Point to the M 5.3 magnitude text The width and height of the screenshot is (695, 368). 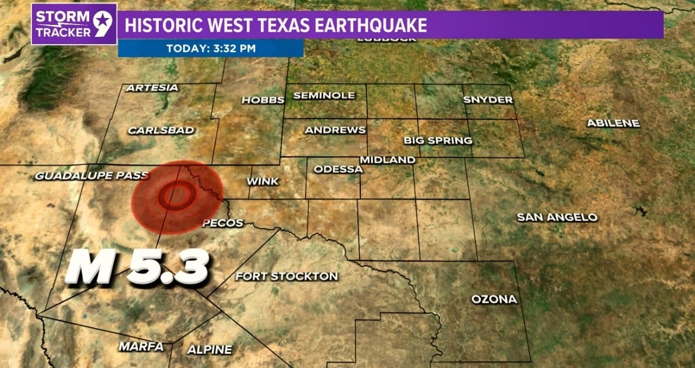137,266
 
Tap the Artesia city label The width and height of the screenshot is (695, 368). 152,88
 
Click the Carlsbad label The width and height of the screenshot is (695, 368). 162,130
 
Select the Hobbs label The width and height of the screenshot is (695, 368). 262,100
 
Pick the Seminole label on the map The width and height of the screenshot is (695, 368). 323,95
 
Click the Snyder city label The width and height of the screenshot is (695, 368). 488,100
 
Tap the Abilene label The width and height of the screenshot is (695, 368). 613,123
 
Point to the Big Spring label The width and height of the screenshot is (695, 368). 438,141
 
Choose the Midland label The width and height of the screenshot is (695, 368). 387,160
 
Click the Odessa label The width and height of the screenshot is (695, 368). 338,169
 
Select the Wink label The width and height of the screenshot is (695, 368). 263,181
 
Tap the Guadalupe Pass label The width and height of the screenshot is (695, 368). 92,175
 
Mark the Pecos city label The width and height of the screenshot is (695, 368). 222,223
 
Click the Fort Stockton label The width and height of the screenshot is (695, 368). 287,276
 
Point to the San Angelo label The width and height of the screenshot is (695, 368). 557,217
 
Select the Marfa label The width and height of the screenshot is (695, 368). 141,346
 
